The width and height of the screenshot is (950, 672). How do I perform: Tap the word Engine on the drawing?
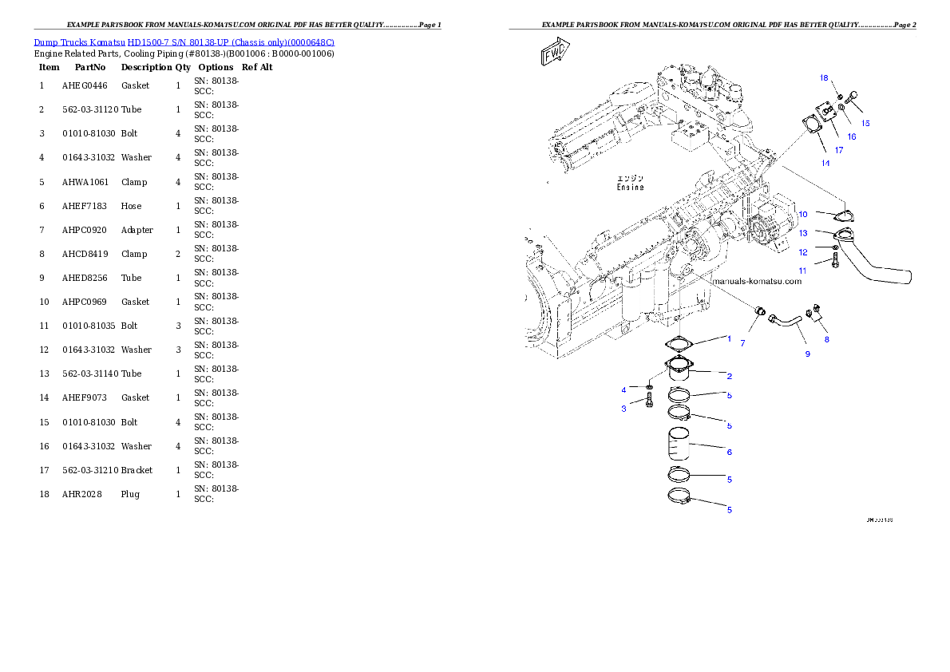pos(630,188)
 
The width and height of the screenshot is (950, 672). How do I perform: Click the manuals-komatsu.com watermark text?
pos(755,281)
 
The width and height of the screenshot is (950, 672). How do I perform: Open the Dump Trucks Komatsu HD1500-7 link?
pos(184,42)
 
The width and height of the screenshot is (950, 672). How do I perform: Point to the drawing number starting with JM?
pos(879,520)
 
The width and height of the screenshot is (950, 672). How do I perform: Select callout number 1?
pos(728,338)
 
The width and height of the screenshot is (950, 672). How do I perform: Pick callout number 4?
pos(624,389)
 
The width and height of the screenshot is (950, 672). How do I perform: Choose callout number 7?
pos(742,343)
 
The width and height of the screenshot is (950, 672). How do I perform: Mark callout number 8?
pos(826,339)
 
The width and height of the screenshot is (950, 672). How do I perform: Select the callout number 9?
pos(807,354)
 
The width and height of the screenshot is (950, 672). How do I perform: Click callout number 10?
pos(803,214)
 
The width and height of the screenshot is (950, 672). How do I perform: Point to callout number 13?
pos(803,233)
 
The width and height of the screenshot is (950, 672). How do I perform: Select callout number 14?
pos(825,163)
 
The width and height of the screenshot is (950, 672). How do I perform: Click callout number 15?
pos(865,123)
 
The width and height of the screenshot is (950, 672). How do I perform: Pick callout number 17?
pos(839,149)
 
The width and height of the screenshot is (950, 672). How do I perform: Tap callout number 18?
pos(824,77)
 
